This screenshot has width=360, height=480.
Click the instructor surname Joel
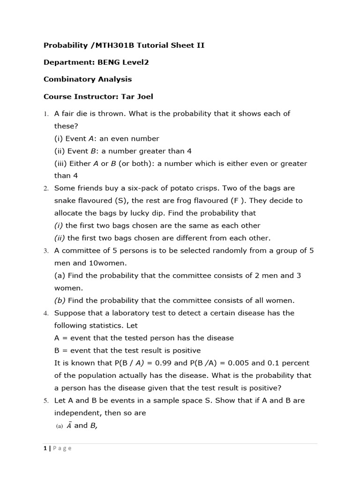(143, 97)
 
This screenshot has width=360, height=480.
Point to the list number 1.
(46, 114)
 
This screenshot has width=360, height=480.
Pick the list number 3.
(46, 251)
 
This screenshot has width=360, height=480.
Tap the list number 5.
(46, 401)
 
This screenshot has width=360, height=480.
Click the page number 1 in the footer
(45, 448)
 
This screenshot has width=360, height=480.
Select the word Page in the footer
(62, 448)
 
